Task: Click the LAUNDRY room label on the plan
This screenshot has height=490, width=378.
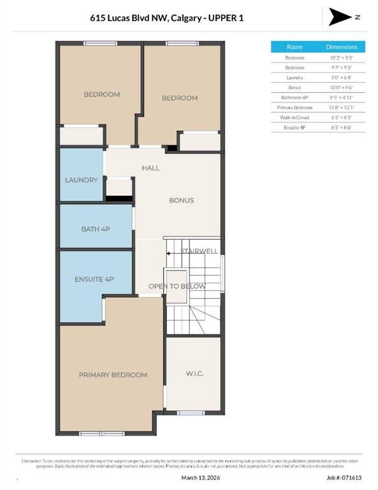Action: pyautogui.click(x=82, y=180)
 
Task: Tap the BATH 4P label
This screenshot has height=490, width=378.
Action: pyautogui.click(x=96, y=228)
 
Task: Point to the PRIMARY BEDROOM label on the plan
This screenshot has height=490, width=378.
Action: pyautogui.click(x=113, y=375)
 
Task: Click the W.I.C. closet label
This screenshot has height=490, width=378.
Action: pyautogui.click(x=194, y=373)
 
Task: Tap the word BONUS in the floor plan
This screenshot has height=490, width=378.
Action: pyautogui.click(x=181, y=200)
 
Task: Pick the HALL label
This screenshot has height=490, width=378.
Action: pyautogui.click(x=150, y=168)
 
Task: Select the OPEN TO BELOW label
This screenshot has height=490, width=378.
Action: pyautogui.click(x=177, y=286)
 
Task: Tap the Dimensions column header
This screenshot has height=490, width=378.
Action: pyautogui.click(x=342, y=47)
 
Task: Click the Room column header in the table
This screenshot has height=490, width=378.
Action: pyautogui.click(x=294, y=47)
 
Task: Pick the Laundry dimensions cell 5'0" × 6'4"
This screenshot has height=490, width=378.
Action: pyautogui.click(x=342, y=77)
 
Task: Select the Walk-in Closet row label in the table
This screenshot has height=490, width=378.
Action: pyautogui.click(x=294, y=117)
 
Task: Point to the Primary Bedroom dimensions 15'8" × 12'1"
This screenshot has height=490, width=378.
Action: pyautogui.click(x=342, y=107)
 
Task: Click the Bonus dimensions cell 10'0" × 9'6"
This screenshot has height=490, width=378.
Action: pyautogui.click(x=342, y=87)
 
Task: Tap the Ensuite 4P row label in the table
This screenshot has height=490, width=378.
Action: pyautogui.click(x=294, y=128)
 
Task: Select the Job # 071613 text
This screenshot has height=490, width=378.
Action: pyautogui.click(x=344, y=477)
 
